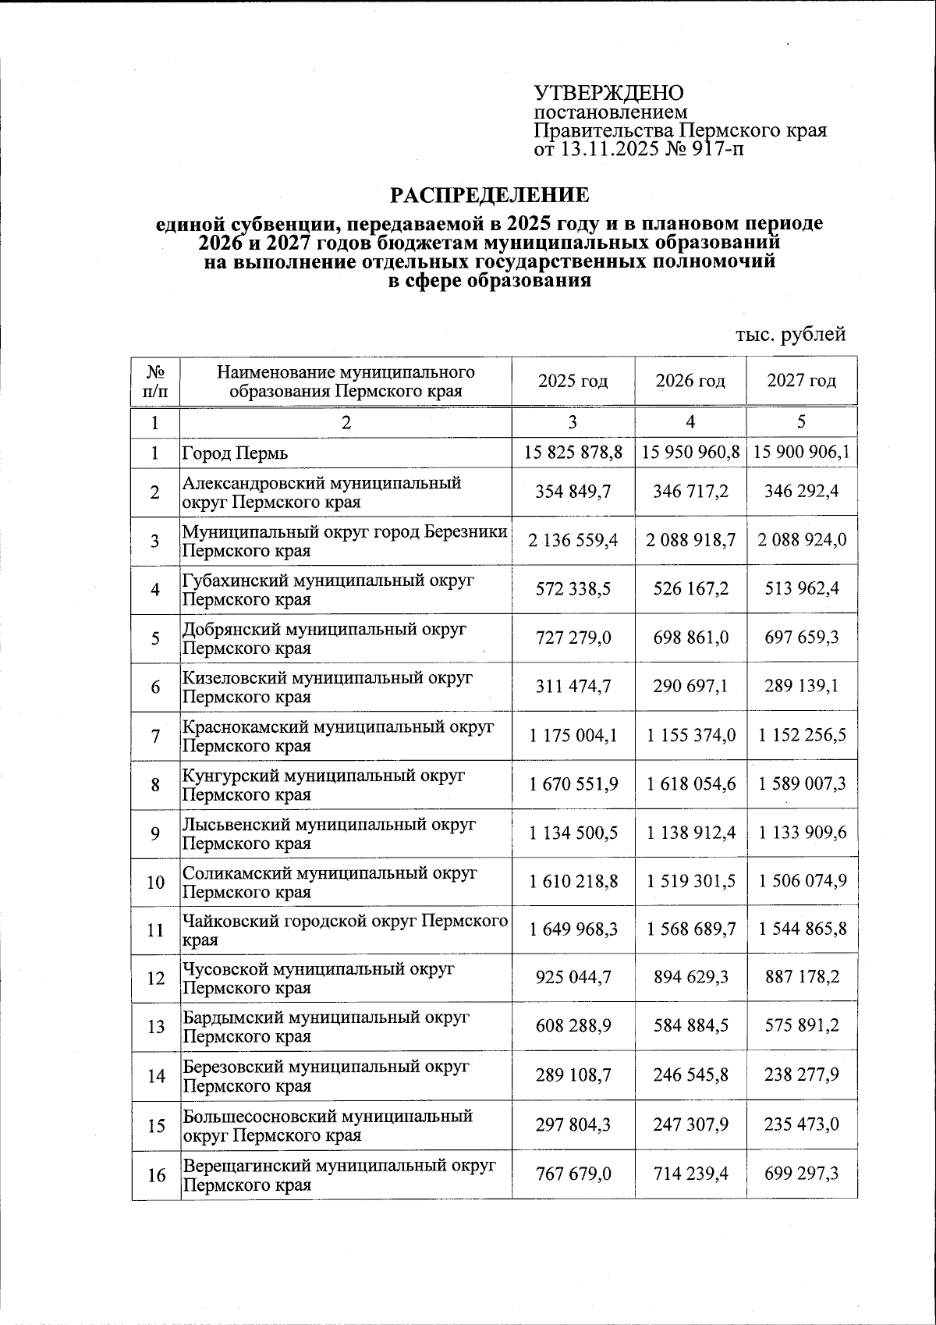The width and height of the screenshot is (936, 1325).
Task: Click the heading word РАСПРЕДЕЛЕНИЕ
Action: pyautogui.click(x=489, y=194)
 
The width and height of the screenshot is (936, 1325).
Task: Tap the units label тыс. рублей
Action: pyautogui.click(x=791, y=335)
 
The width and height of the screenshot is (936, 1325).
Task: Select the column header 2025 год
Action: pyautogui.click(x=573, y=381)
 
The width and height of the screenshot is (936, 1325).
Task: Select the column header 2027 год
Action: pyautogui.click(x=801, y=381)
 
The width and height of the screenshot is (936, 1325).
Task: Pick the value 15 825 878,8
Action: pyautogui.click(x=573, y=452)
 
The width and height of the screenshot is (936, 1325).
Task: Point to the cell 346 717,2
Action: pyautogui.click(x=690, y=492)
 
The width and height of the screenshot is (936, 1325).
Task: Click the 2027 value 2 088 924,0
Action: pyautogui.click(x=801, y=541)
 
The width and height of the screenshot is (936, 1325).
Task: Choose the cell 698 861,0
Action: pyautogui.click(x=690, y=638)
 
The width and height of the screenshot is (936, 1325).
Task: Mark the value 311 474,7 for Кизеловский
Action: pyautogui.click(x=573, y=687)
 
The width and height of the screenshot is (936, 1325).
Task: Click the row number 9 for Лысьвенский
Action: pyautogui.click(x=155, y=833)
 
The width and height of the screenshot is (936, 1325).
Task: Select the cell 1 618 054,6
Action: pyautogui.click(x=690, y=783)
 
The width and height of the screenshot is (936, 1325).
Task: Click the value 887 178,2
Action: pyautogui.click(x=801, y=978)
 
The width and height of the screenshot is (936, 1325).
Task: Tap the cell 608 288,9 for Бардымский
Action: pyautogui.click(x=573, y=1026)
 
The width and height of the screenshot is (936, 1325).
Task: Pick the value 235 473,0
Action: pyautogui.click(x=801, y=1124)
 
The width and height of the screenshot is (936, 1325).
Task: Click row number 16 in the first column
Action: pyautogui.click(x=155, y=1174)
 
